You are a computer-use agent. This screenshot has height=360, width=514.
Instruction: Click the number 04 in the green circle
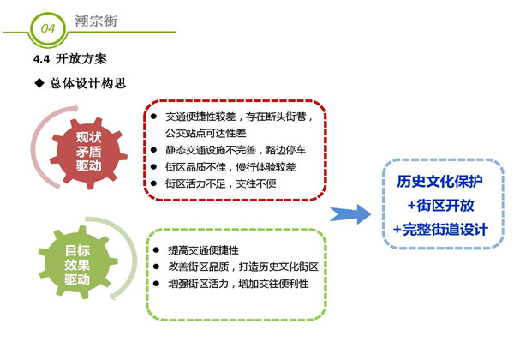48,28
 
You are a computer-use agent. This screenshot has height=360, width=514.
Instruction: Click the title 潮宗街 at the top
96,21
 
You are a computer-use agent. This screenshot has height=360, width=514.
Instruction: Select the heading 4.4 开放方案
70,59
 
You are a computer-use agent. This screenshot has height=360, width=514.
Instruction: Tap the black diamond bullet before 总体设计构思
39,83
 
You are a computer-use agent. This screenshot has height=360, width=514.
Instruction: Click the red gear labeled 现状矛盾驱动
88,153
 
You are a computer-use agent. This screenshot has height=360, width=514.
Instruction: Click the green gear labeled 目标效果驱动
78,262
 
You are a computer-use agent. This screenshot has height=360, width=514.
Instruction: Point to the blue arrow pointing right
350,214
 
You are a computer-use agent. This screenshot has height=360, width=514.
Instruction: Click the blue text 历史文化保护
440,182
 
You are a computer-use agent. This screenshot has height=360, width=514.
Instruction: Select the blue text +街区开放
441,206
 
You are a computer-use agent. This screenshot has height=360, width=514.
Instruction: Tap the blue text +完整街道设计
441,229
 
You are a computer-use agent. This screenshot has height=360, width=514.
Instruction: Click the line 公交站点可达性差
206,133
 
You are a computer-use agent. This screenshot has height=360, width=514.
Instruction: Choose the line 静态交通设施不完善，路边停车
236,150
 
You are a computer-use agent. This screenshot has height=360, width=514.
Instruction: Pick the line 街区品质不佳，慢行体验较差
230,167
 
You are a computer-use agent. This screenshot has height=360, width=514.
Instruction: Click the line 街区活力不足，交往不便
221,183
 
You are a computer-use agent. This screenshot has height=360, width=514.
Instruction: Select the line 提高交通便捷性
203,250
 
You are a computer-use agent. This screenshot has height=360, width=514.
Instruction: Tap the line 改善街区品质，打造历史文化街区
243,267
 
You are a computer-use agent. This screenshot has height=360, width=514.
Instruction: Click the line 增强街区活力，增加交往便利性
238,284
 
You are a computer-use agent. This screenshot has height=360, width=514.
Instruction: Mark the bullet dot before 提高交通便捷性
156,250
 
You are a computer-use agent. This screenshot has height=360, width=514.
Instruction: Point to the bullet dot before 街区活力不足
153,183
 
